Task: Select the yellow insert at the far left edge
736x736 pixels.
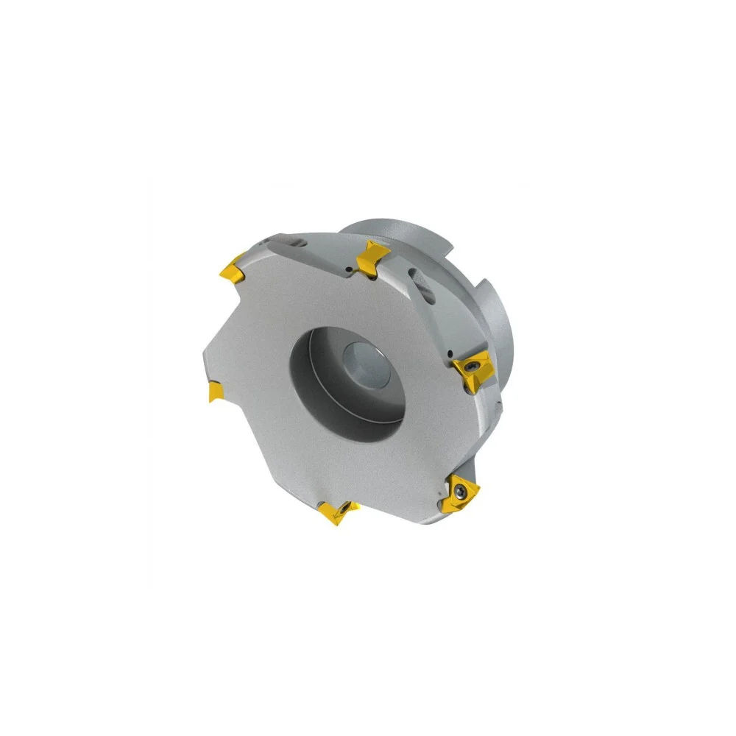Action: tap(215, 391)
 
